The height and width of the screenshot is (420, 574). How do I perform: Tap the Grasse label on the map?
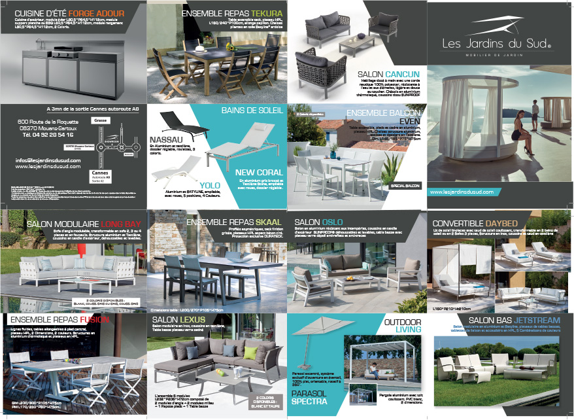(x=100, y=120)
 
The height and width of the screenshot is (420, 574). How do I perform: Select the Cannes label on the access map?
(x=99, y=173)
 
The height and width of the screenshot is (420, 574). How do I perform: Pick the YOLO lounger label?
(x=210, y=184)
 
